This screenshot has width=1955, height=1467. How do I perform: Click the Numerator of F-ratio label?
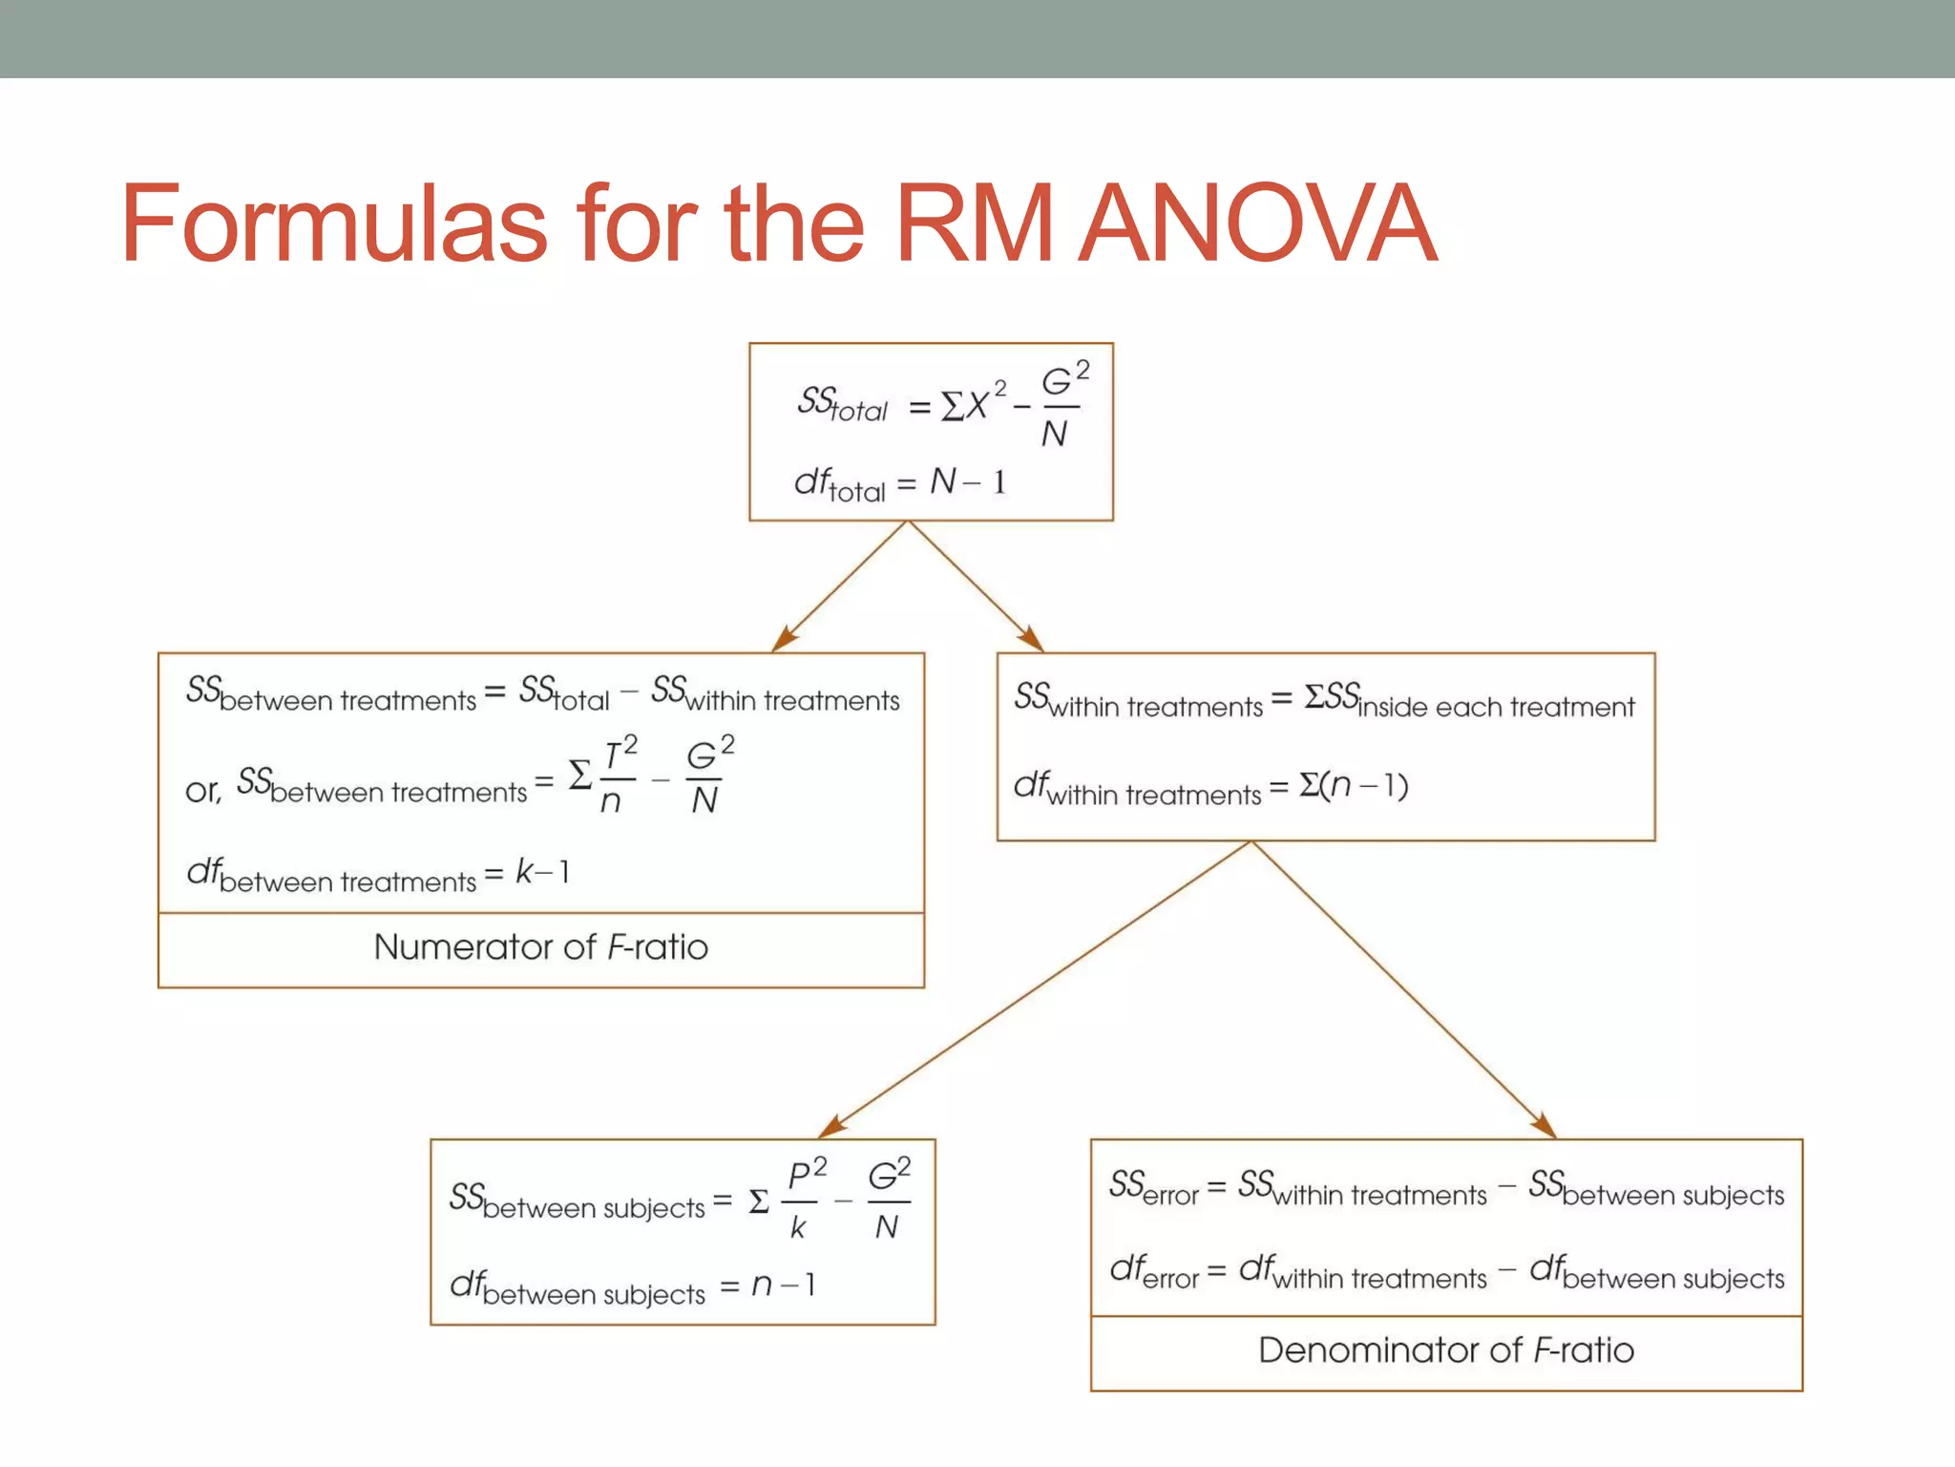click(540, 947)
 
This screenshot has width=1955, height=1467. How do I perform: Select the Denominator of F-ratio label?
click(1445, 1350)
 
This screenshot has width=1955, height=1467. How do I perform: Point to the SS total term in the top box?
click(842, 404)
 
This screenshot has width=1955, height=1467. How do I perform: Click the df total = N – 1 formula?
click(899, 483)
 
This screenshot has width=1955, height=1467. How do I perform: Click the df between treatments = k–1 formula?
click(378, 874)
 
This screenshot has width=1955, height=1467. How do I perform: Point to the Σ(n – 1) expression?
click(1354, 786)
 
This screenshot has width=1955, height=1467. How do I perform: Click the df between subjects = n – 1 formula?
click(632, 1287)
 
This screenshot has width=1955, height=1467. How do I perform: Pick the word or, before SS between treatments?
click(202, 791)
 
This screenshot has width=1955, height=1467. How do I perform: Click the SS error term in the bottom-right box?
click(1153, 1189)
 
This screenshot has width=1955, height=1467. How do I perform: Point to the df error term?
click(1153, 1272)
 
